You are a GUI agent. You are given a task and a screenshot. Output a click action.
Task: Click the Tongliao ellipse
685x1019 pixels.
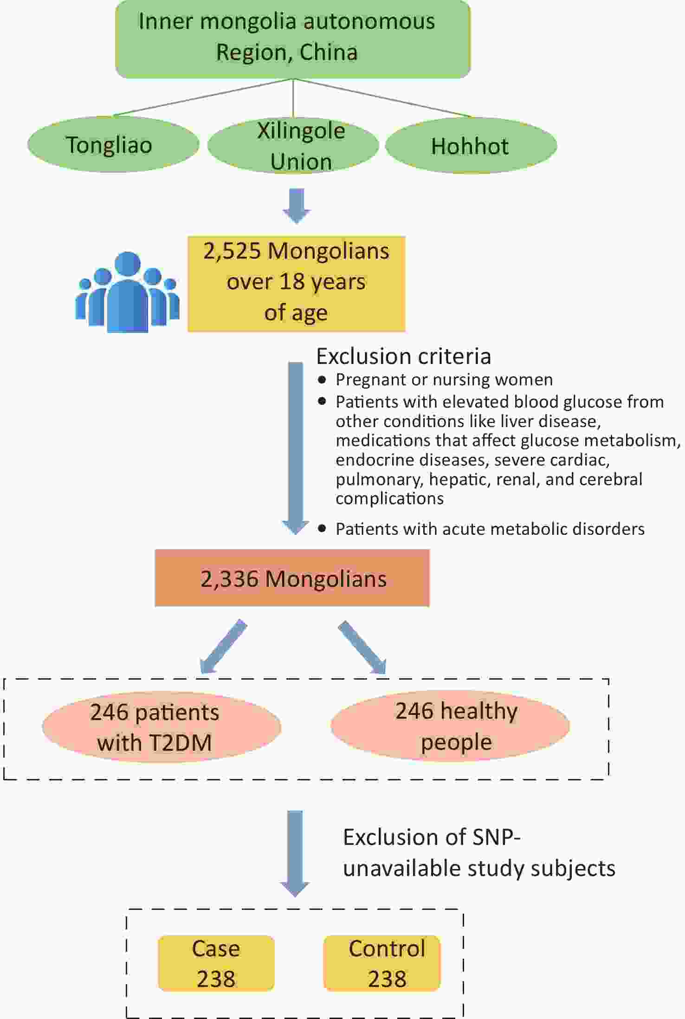[x=113, y=144]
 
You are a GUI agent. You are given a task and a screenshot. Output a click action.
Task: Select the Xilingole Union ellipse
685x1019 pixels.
[x=293, y=145]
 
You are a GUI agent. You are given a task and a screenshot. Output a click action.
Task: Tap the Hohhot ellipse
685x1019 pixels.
[x=471, y=146]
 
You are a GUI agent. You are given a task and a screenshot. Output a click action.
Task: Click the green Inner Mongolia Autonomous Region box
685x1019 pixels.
[x=293, y=39]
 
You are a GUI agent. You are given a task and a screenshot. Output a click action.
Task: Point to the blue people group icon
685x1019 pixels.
[x=127, y=292]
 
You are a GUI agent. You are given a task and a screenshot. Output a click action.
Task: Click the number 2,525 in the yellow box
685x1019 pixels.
[x=232, y=251]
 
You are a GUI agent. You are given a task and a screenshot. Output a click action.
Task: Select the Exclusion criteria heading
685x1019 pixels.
[x=403, y=357]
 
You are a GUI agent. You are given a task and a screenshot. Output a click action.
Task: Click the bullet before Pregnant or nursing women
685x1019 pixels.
[x=322, y=380]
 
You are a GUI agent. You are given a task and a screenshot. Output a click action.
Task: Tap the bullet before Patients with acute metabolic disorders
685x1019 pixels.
[x=322, y=528]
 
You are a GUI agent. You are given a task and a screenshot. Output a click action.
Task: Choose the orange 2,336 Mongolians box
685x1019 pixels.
[x=292, y=578]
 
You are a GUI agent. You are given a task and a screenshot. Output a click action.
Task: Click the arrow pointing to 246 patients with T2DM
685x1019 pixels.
[x=223, y=646]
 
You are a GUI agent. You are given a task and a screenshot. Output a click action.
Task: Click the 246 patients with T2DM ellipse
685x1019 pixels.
[x=162, y=727]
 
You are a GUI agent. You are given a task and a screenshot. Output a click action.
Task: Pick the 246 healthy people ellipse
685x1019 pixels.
[x=450, y=726]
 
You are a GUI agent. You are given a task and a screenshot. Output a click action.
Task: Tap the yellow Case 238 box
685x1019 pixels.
[x=216, y=963]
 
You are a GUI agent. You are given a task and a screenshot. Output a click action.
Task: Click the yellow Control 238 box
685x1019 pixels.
[x=382, y=963]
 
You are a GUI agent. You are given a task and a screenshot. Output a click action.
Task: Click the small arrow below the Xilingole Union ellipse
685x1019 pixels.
[x=297, y=206]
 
